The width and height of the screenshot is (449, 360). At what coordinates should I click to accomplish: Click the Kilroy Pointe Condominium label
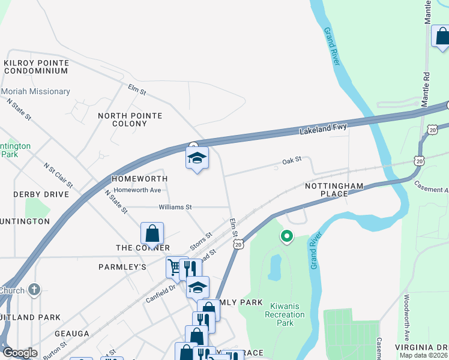click(36, 67)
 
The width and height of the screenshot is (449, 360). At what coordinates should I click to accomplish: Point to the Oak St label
click(291, 161)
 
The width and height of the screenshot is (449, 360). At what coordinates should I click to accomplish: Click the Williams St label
click(175, 207)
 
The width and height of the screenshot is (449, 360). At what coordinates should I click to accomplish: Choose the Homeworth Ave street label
click(139, 190)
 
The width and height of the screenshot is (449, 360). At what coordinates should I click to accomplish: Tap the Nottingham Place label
click(334, 190)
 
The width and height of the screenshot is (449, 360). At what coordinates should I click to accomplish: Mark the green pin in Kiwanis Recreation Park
click(287, 237)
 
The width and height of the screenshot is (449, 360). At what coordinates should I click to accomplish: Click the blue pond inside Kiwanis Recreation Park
click(274, 268)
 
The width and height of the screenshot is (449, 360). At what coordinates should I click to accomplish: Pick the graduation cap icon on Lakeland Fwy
click(197, 158)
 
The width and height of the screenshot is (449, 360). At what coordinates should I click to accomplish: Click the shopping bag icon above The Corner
click(152, 233)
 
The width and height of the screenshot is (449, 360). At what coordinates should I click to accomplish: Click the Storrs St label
click(201, 242)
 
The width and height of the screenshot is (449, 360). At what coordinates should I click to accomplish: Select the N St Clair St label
click(58, 174)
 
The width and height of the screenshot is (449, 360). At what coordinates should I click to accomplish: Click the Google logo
click(20, 352)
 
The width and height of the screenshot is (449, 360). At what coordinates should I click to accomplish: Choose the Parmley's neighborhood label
click(122, 266)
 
